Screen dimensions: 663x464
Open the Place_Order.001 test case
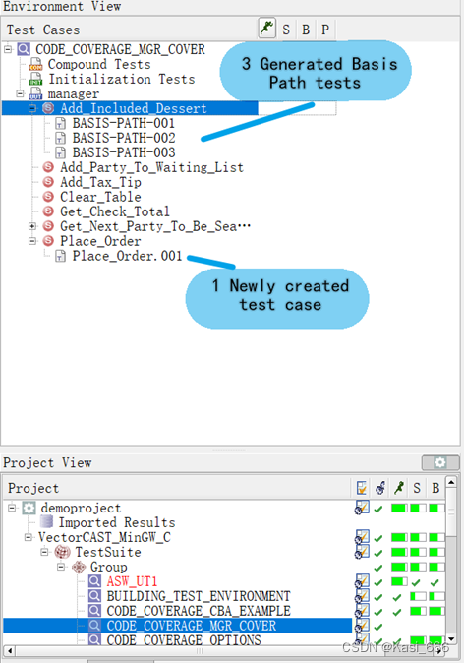point(127,256)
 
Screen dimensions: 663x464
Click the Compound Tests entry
point(99,64)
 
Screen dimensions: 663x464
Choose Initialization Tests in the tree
point(121,79)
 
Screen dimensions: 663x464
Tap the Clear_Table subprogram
point(100,197)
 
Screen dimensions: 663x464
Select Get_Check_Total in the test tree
point(114,211)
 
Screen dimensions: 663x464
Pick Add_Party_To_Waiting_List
point(151,167)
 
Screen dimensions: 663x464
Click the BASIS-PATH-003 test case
point(123,152)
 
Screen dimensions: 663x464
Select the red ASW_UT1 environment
point(132,581)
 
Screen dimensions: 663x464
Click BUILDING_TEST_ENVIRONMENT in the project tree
point(199,596)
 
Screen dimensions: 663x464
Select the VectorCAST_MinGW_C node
point(106,537)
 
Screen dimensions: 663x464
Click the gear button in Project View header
point(439,462)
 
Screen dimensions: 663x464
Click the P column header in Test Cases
point(324,30)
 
